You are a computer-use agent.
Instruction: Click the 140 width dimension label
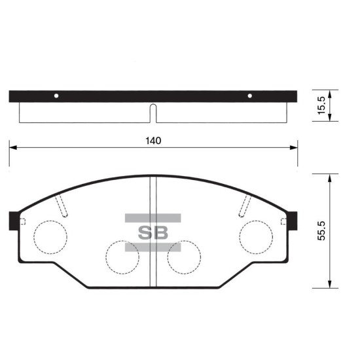(153, 141)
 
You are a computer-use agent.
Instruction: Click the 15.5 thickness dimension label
(321, 105)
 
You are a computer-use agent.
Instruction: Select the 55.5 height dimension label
(321, 231)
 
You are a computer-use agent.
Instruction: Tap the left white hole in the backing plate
(56, 96)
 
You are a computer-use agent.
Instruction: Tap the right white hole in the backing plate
(250, 96)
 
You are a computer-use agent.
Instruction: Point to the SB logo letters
(153, 233)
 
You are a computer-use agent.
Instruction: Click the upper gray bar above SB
(153, 218)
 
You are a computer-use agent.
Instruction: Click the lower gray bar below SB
(153, 247)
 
